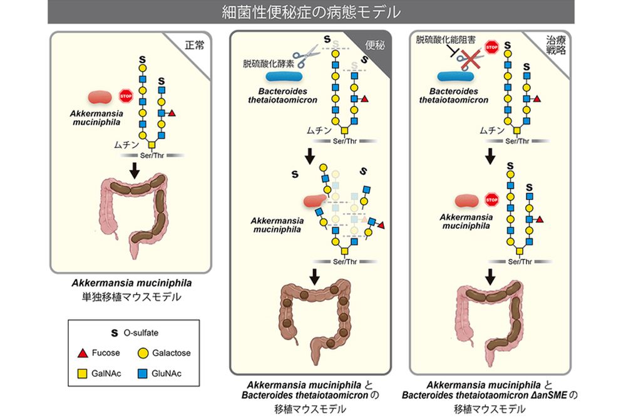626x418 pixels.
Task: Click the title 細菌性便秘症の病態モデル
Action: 311,11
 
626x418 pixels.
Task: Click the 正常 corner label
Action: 194,45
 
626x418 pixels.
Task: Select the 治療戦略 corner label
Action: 555,47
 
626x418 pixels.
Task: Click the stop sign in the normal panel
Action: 125,96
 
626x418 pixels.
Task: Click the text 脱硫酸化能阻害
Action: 446,40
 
